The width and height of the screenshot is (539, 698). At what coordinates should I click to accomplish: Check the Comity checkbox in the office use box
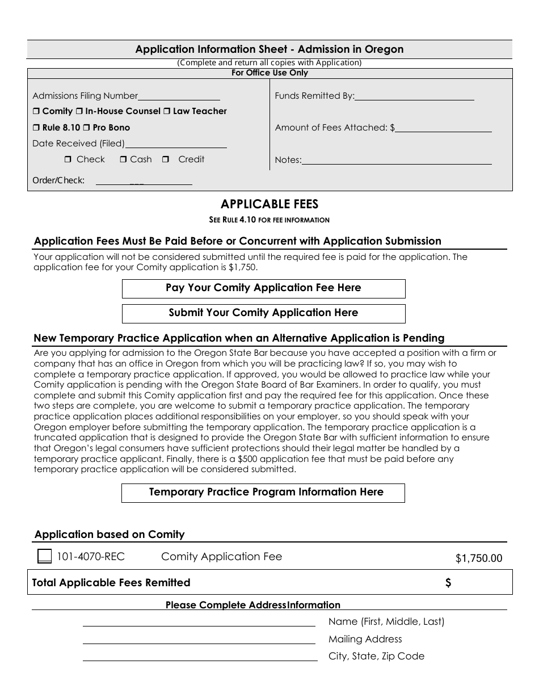[36, 112]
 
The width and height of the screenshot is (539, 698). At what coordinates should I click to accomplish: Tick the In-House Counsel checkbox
[79, 112]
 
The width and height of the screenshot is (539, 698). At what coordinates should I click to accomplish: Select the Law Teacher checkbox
[167, 112]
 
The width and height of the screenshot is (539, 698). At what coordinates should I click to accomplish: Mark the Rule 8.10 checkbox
[36, 128]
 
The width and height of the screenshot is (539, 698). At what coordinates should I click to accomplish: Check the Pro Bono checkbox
[87, 128]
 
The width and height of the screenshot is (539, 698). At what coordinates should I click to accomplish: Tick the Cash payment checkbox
[123, 160]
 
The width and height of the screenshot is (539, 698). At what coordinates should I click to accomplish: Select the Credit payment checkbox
[166, 160]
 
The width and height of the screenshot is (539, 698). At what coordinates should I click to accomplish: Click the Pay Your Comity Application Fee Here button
[263, 288]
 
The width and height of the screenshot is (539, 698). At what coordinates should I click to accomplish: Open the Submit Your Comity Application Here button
[263, 313]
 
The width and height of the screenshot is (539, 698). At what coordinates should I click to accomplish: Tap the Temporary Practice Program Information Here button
[263, 493]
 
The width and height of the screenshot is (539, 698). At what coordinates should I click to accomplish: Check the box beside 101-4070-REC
[44, 557]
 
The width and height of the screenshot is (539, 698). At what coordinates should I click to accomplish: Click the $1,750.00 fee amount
[478, 558]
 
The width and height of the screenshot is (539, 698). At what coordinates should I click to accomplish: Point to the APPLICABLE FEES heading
[269, 204]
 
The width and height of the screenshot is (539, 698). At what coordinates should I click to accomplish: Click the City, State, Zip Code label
[376, 657]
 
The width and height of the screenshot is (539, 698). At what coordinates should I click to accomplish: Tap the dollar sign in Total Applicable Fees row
[448, 583]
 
